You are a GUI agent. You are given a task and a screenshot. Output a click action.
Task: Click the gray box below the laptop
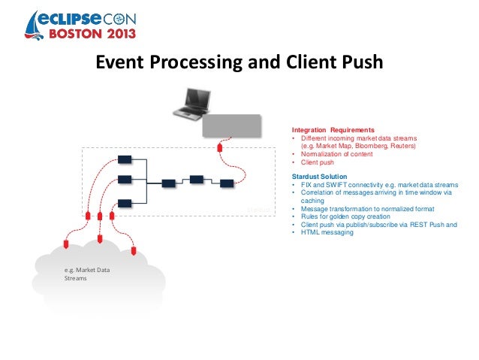pyautogui.click(x=232, y=126)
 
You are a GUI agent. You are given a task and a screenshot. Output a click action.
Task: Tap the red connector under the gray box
pyautogui.click(x=219, y=147)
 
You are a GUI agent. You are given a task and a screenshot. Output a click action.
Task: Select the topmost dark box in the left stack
pyautogui.click(x=125, y=159)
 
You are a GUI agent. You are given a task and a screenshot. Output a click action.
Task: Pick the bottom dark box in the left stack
pyautogui.click(x=125, y=202)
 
